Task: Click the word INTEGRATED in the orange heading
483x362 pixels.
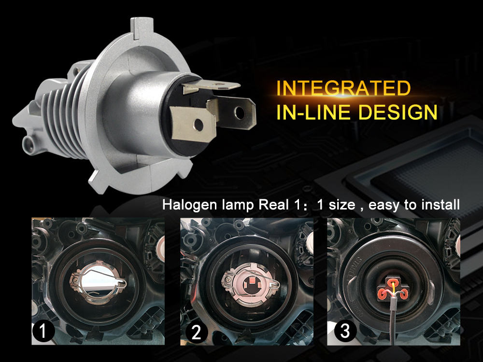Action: point(343,89)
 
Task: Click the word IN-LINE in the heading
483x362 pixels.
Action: point(306,112)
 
